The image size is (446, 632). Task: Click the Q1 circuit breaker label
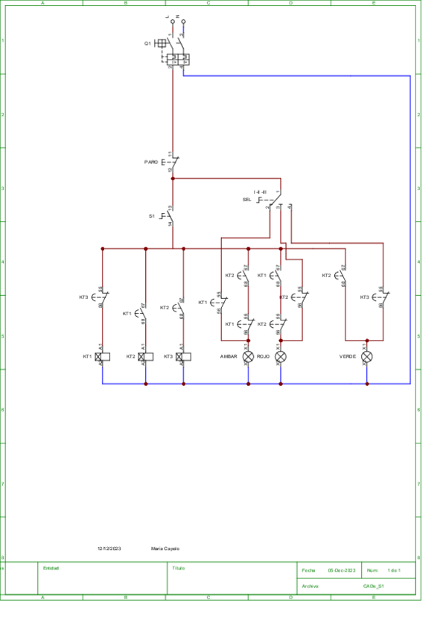(147, 44)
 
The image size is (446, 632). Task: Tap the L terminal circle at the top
(173, 22)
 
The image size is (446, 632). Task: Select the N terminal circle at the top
(183, 22)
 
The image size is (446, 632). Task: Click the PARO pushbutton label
(151, 161)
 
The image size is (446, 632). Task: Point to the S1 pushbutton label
(152, 216)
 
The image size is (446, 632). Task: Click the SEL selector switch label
(247, 200)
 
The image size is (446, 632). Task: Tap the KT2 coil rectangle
(147, 357)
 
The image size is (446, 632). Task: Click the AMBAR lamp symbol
(249, 357)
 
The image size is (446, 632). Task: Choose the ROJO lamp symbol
(281, 357)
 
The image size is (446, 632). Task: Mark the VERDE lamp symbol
(366, 357)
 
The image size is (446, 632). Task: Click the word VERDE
(348, 357)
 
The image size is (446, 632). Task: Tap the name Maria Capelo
(165, 549)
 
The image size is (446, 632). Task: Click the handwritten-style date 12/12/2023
(109, 549)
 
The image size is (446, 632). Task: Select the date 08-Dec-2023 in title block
(342, 570)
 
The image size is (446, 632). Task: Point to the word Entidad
(51, 568)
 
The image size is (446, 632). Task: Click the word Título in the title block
(178, 568)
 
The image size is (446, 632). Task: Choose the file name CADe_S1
(374, 587)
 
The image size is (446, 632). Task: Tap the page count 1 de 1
(395, 570)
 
